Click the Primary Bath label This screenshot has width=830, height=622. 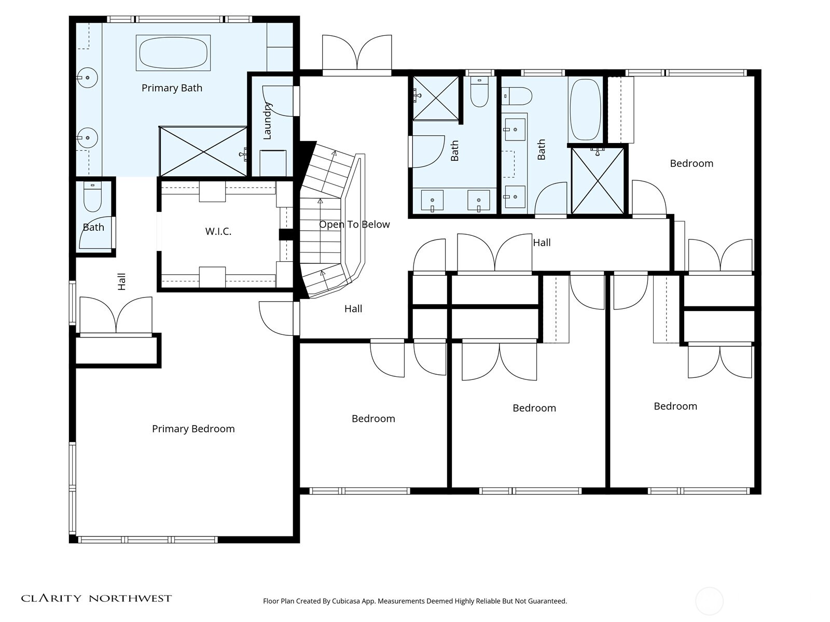click(x=172, y=88)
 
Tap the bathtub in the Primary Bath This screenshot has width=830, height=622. click(x=173, y=53)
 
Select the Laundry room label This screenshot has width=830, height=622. click(x=267, y=121)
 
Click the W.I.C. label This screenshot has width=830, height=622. click(x=218, y=231)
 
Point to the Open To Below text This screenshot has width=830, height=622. click(x=354, y=224)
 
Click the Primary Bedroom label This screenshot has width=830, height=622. click(x=193, y=429)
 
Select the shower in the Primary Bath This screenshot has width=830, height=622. click(x=203, y=151)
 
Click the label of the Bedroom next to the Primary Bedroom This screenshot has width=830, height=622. click(x=373, y=418)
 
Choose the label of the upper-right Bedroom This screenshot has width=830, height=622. click(x=691, y=163)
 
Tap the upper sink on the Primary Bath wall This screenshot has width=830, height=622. click(x=88, y=78)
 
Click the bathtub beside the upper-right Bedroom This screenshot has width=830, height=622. click(x=585, y=110)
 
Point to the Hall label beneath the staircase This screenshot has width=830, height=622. click(x=353, y=309)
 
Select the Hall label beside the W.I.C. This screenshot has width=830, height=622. click(x=121, y=282)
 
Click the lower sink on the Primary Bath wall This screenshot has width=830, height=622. click(x=88, y=138)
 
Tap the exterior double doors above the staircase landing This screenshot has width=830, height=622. click(x=357, y=53)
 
